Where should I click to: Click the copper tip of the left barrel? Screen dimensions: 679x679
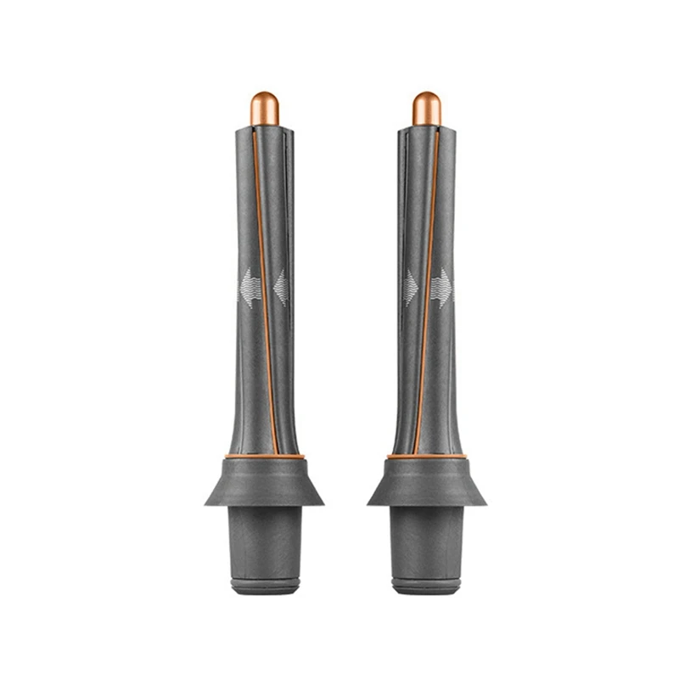tap(265, 108)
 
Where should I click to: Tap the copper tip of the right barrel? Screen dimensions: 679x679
tap(426, 108)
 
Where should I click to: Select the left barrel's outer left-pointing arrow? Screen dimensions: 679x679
tap(248, 286)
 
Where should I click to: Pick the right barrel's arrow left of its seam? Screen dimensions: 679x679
tap(411, 287)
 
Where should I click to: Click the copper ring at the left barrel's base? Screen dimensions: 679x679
tap(264, 457)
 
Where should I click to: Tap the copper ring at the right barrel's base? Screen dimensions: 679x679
tap(427, 457)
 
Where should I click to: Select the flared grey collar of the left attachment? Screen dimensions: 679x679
tap(264, 484)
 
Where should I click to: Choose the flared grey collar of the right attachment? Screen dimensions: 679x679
tap(427, 484)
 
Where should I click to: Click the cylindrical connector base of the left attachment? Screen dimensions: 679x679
tap(264, 543)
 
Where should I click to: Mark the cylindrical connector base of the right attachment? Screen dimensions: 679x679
tap(427, 543)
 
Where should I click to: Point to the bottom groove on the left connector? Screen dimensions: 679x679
tap(264, 584)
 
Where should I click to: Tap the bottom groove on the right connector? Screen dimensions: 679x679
tap(427, 584)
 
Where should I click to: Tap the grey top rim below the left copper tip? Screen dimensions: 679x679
tap(265, 130)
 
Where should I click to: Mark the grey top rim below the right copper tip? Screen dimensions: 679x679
tap(426, 130)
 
